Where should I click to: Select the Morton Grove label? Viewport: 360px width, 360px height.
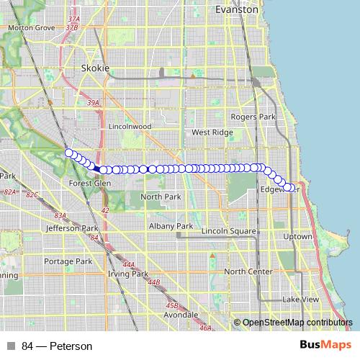coord(31,27)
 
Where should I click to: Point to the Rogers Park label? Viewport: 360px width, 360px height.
coord(253,117)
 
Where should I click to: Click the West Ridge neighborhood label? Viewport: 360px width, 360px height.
coord(210,132)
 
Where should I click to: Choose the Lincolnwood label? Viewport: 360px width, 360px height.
coord(130,126)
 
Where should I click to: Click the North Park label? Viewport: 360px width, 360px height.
coord(161,197)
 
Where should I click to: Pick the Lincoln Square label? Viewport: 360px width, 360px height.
coord(230,230)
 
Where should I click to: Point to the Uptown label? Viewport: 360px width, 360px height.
coord(298,236)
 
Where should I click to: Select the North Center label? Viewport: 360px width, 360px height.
coord(248,271)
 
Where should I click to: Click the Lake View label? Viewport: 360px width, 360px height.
coord(300,299)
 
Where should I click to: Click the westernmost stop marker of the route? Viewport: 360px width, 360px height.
coord(69,153)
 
